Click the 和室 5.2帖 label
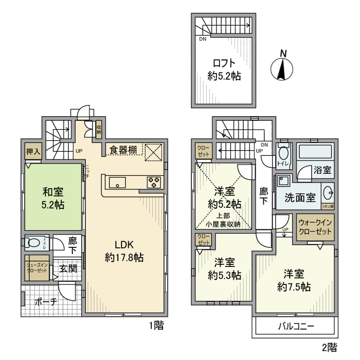(x=53, y=199)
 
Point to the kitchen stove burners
(x=154, y=181)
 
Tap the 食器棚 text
(x=123, y=150)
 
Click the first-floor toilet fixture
(x=36, y=243)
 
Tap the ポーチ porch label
(x=46, y=302)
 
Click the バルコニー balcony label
(x=296, y=326)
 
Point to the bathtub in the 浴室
(x=316, y=152)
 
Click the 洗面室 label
(x=300, y=197)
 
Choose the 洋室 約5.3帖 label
(x=225, y=269)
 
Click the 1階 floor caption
(x=156, y=326)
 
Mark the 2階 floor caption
(x=329, y=347)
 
